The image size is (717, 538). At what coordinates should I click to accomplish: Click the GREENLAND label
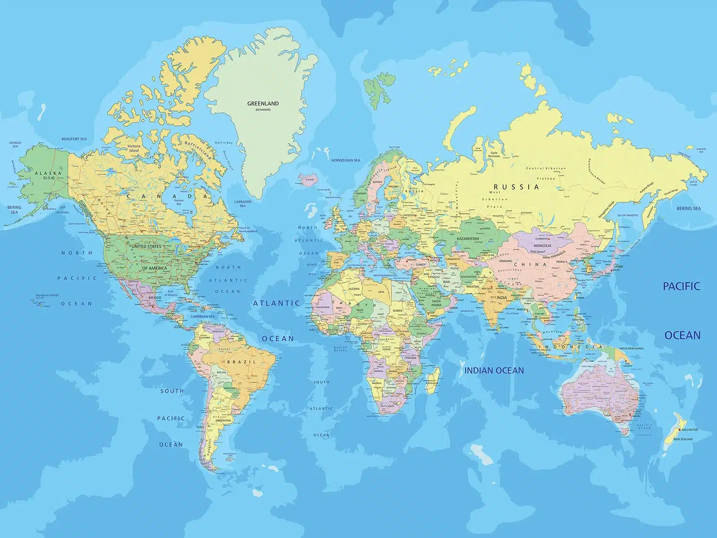(x=262, y=103)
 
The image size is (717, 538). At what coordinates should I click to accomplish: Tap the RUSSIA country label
(x=516, y=187)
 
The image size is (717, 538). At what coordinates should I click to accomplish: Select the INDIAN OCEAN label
(x=494, y=370)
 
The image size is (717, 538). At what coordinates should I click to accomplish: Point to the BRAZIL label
(x=241, y=362)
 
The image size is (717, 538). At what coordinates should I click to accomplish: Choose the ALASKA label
(x=48, y=173)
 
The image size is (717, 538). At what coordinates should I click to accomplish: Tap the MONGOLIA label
(x=542, y=246)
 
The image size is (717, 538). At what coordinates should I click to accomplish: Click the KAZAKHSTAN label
(x=467, y=239)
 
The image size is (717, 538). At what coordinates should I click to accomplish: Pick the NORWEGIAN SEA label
(x=346, y=160)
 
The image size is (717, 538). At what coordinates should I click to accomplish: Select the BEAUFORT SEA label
(x=74, y=139)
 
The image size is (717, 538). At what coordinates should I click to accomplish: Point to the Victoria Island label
(x=134, y=148)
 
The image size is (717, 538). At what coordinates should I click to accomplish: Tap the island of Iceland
(x=308, y=180)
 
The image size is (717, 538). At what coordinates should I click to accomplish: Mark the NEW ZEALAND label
(x=683, y=439)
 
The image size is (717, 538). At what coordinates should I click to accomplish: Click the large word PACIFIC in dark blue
(x=681, y=286)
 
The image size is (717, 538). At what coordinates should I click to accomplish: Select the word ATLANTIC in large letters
(x=276, y=303)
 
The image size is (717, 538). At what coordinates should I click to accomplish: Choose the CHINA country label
(x=530, y=264)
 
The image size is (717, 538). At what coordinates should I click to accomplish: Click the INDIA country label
(x=501, y=297)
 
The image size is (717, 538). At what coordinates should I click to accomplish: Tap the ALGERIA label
(x=354, y=289)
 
